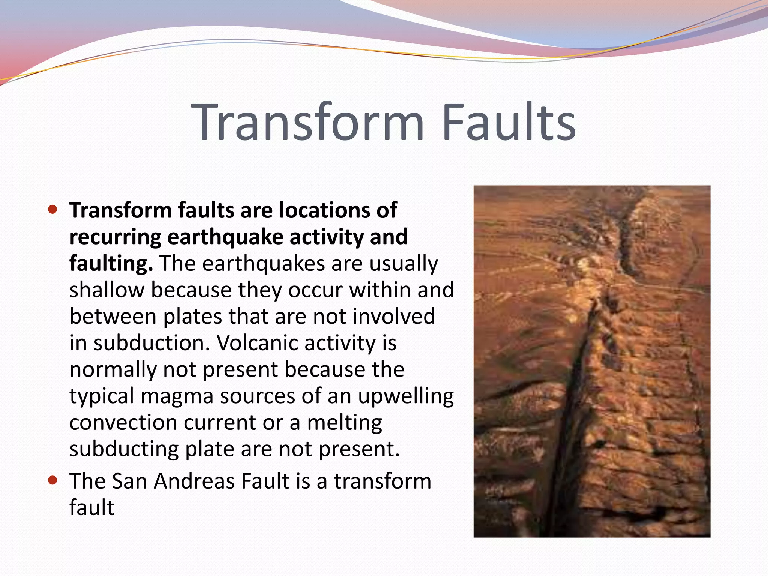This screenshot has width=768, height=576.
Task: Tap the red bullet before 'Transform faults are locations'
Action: (53, 209)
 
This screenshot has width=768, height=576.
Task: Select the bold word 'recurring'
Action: (115, 237)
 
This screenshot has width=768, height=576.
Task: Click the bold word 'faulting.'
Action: (111, 263)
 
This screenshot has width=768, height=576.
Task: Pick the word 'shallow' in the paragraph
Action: (106, 290)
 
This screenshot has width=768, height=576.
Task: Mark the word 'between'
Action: (112, 316)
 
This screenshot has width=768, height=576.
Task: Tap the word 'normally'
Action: (112, 369)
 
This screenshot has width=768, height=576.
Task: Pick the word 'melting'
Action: (345, 423)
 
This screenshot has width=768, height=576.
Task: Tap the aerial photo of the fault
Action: (592, 361)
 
